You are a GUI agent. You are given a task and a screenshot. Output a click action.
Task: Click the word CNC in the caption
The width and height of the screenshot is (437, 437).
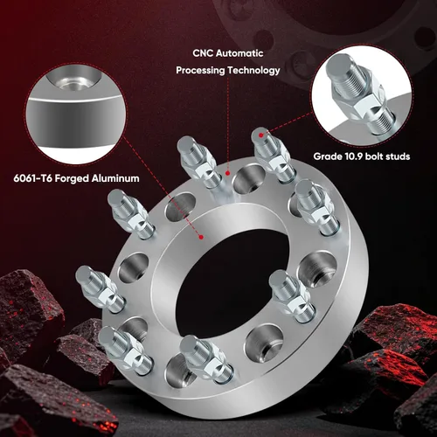(x=202, y=53)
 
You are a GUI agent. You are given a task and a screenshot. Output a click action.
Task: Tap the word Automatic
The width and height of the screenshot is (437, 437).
(x=239, y=53)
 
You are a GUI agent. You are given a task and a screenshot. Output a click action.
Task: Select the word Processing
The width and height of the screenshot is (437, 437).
(x=200, y=71)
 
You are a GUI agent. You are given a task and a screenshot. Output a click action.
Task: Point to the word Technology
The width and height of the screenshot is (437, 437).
(x=253, y=71)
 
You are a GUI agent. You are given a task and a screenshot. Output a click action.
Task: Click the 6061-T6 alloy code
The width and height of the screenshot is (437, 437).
(x=33, y=178)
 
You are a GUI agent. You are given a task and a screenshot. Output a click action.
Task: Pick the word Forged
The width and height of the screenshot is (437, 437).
(x=72, y=178)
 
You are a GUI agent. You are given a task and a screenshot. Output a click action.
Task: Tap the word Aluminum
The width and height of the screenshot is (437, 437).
(x=115, y=178)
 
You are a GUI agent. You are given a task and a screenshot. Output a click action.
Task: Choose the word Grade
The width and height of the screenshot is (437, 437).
(x=328, y=156)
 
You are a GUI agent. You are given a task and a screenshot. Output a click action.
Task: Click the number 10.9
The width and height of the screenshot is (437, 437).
(x=354, y=156)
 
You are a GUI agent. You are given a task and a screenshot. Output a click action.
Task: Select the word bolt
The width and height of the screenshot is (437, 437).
(x=374, y=156)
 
